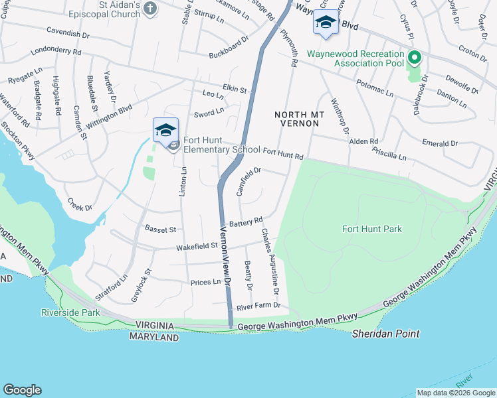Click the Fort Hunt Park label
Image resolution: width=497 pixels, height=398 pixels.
point(372,229)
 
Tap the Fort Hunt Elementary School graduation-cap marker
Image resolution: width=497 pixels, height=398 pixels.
point(165,131)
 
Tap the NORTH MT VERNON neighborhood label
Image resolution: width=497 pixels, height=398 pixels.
point(300,121)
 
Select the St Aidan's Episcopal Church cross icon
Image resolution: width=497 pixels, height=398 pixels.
point(150,9)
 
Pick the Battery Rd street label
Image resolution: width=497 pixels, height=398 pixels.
point(247,222)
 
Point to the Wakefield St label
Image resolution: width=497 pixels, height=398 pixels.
point(197,247)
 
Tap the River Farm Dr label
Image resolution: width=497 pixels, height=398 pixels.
point(259,306)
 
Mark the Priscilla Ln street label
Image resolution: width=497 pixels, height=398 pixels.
point(390,155)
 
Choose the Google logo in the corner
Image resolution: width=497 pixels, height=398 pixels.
point(22,390)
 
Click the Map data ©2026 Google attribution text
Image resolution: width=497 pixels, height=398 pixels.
point(455,392)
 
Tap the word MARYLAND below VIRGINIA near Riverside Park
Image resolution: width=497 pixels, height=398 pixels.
point(154,338)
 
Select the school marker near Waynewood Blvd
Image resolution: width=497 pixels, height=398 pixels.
point(325,23)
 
